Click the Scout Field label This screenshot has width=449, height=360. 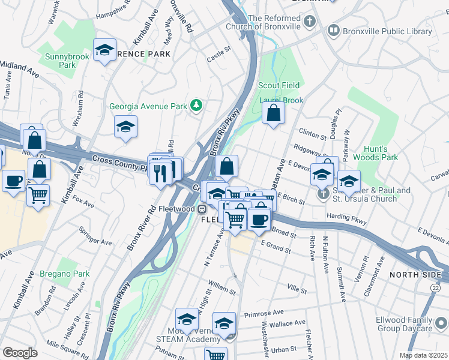pyautogui.click(x=277, y=86)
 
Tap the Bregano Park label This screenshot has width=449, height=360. pyautogui.click(x=64, y=274)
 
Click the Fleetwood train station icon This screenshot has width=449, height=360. pyautogui.click(x=203, y=209)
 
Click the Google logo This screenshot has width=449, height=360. pyautogui.click(x=20, y=353)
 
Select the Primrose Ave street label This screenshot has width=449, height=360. pyautogui.click(x=264, y=313)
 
